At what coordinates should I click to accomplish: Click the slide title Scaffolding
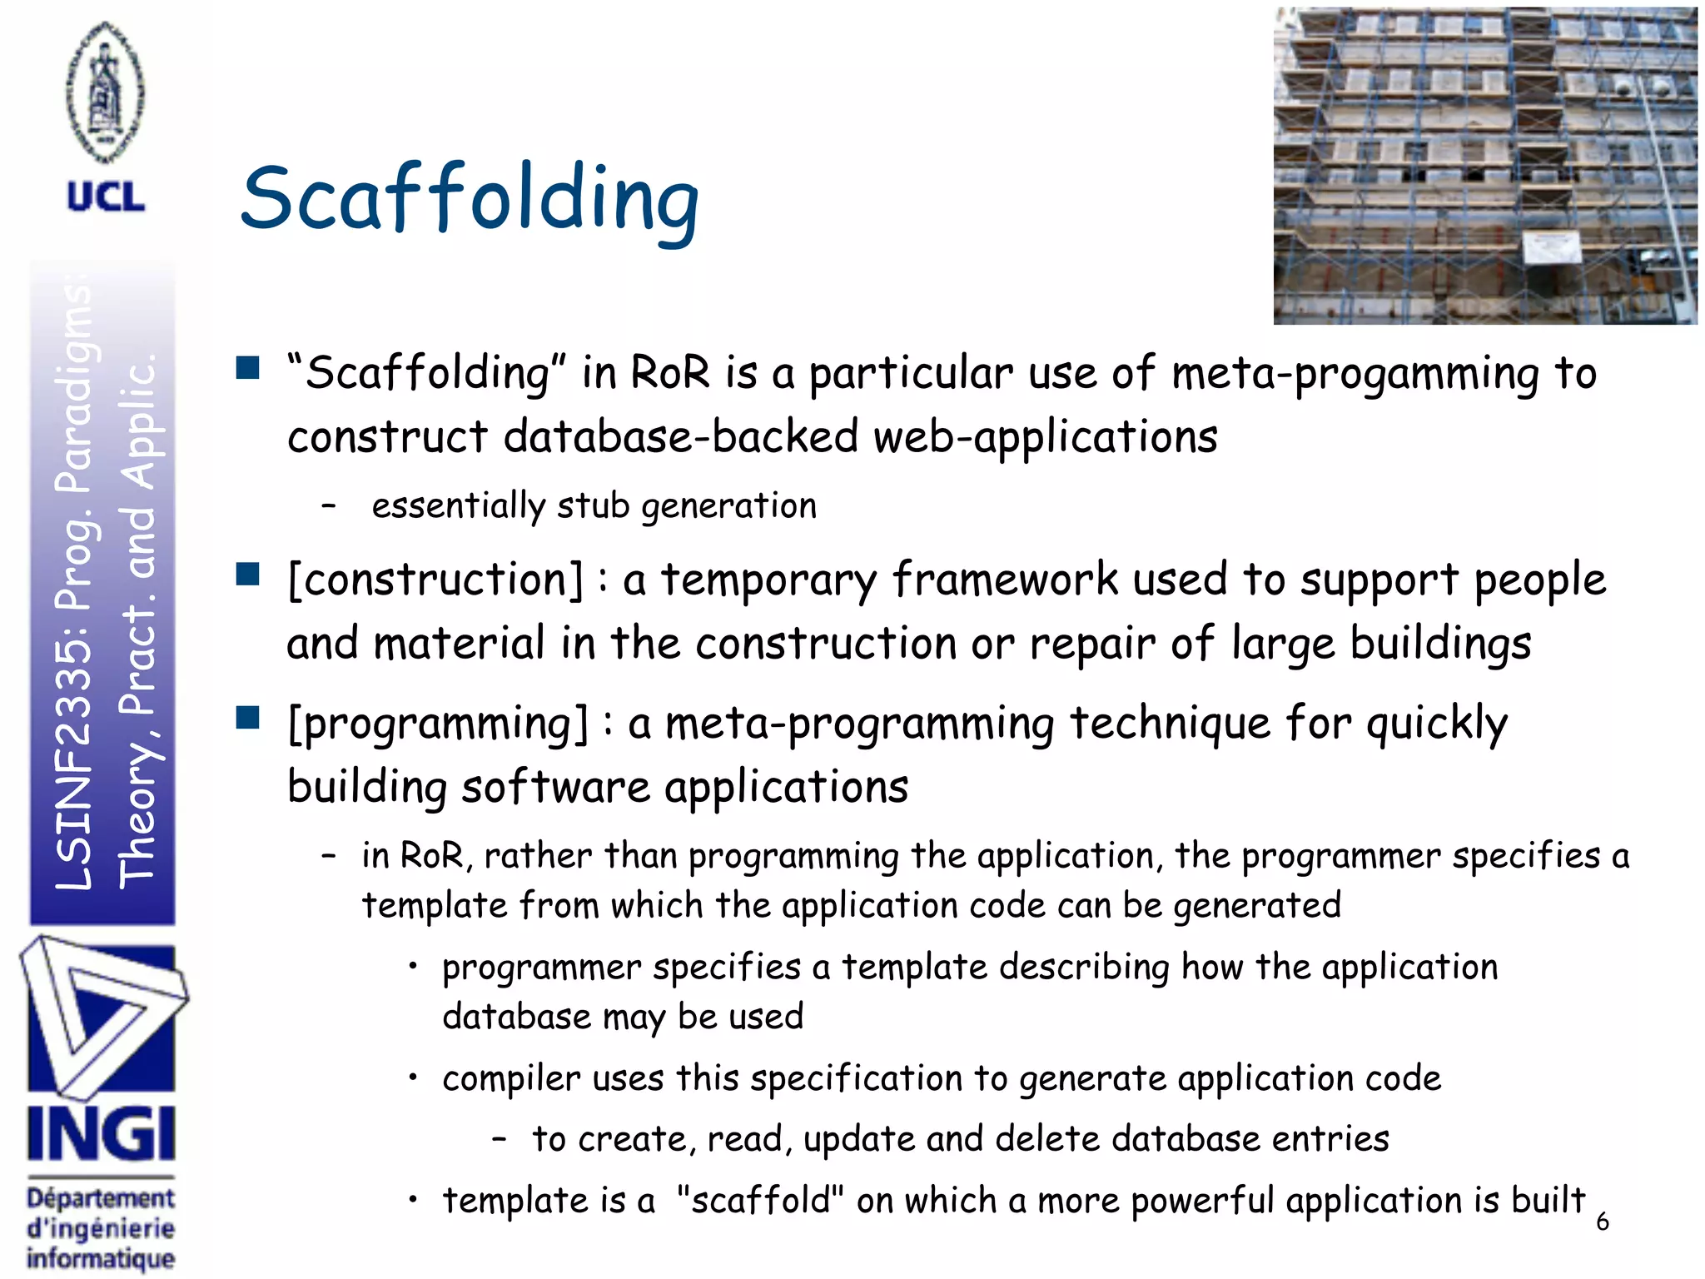[x=470, y=200]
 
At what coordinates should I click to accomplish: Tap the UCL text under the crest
[x=106, y=197]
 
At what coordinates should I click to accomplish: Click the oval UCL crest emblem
[x=105, y=92]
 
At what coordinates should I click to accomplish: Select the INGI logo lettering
[x=101, y=1134]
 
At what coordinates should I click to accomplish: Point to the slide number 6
[x=1602, y=1222]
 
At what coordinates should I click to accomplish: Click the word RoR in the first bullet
[x=670, y=372]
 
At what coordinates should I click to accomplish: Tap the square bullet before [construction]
[x=247, y=575]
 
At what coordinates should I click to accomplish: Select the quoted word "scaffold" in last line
[x=760, y=1200]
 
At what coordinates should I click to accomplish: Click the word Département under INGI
[x=101, y=1198]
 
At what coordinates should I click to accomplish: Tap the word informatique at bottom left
[x=101, y=1258]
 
